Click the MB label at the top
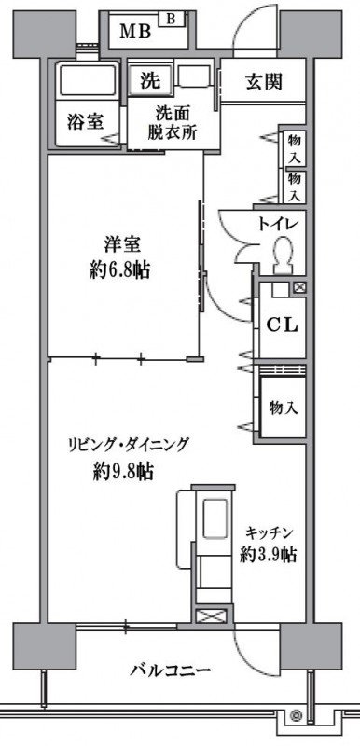coord(135,33)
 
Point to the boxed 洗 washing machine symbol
coord(150,81)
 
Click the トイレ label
coord(277,223)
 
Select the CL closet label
coord(282,325)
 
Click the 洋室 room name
coord(121,245)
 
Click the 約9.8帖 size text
coord(123,472)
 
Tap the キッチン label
coord(270,532)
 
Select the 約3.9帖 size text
coord(269,555)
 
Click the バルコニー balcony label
coord(170,670)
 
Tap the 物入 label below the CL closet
coord(283,408)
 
